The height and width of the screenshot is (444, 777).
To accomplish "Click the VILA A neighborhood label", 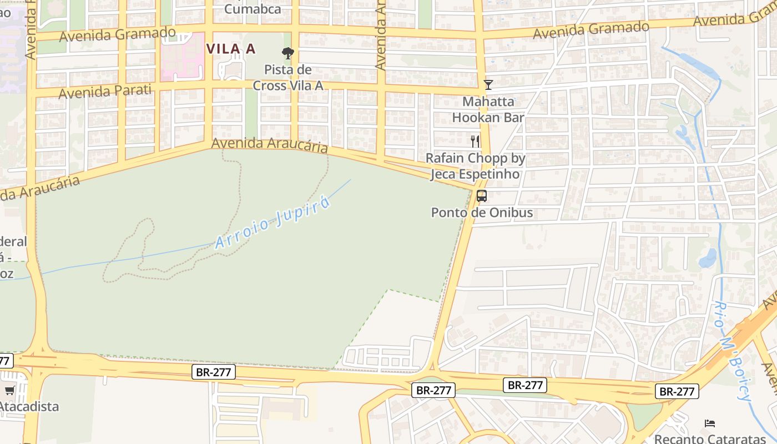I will [231, 49].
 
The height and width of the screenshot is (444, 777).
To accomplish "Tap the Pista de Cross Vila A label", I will [287, 78].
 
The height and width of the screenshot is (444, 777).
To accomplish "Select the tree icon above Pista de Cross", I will [287, 53].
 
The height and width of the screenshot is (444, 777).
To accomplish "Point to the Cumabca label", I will [253, 9].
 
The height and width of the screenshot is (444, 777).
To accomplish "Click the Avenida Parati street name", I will [105, 91].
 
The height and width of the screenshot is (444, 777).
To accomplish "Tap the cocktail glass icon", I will [488, 85].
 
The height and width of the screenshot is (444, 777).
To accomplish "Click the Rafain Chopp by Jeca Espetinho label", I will [475, 166].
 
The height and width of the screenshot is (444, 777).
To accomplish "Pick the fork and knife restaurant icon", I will [475, 141].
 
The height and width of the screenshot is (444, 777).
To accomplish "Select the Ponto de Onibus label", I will [482, 213].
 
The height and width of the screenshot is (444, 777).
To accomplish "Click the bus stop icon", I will [482, 195].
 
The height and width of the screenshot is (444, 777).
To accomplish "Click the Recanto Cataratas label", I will [710, 438].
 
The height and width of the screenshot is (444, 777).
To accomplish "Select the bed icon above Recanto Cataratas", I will [710, 423].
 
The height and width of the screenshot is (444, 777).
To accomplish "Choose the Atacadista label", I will [29, 406].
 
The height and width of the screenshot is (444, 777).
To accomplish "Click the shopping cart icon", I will [9, 391].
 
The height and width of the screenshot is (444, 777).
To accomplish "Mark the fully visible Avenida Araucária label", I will [269, 145].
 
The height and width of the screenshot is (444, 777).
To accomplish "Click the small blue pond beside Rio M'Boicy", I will [708, 258].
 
